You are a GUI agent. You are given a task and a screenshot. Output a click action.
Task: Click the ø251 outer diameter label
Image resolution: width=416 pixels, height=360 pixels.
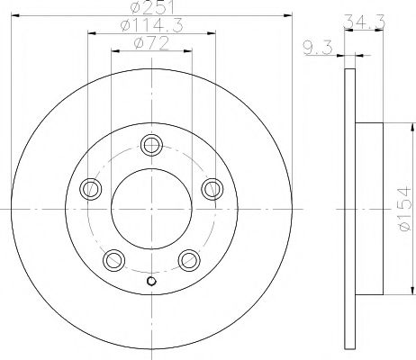152,7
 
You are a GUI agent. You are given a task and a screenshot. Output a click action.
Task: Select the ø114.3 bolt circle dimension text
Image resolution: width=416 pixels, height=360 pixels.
151,25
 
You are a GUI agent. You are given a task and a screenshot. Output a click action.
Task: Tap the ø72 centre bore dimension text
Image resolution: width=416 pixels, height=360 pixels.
151,44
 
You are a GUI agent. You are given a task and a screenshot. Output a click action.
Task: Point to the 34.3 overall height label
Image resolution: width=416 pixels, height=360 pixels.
364,22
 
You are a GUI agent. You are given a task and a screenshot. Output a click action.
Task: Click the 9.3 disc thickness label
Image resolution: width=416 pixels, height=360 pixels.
318,49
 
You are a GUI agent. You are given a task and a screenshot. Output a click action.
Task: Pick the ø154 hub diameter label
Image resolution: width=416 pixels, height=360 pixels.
404,209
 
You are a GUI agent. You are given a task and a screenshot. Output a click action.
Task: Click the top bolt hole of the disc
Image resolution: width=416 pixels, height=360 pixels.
151,145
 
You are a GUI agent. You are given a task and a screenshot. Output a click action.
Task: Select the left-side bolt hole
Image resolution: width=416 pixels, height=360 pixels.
90,189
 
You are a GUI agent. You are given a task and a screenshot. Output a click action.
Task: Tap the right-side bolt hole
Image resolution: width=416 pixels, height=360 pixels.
213,189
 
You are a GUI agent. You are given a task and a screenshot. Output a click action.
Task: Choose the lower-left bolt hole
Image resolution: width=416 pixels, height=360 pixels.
113,260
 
